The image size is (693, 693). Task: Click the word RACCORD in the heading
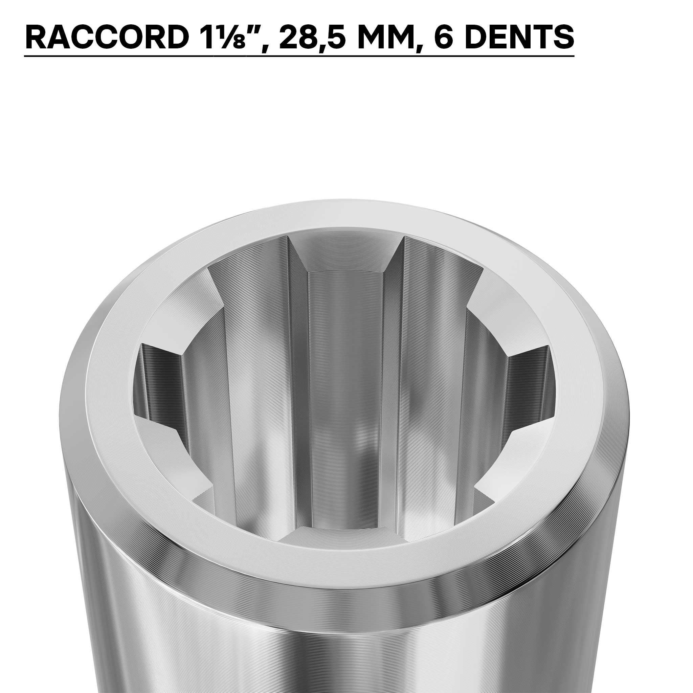pyautogui.click(x=107, y=38)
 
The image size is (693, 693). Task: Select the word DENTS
pyautogui.click(x=514, y=38)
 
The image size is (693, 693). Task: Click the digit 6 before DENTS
pyautogui.click(x=444, y=38)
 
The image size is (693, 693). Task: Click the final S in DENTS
pyautogui.click(x=562, y=38)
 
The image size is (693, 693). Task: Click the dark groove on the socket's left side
pyautogui.click(x=158, y=380)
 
